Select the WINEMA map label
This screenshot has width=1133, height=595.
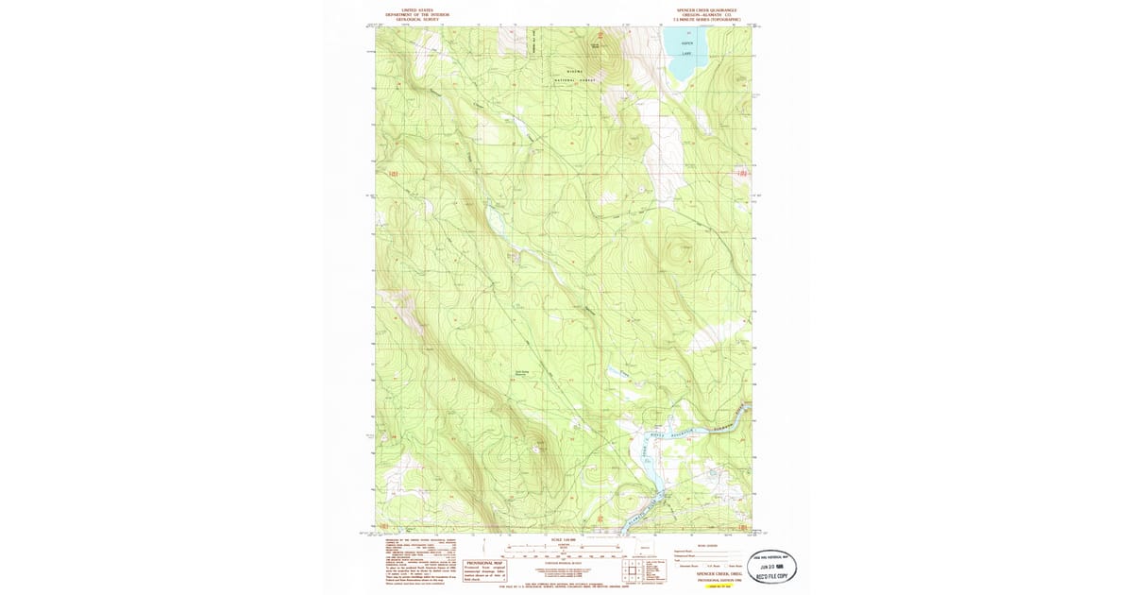(x=575, y=72)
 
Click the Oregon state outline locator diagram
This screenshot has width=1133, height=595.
(x=645, y=547)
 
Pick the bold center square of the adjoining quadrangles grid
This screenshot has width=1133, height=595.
(x=629, y=569)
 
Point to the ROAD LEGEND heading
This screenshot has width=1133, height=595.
(x=708, y=545)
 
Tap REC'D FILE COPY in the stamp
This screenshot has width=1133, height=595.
(x=771, y=575)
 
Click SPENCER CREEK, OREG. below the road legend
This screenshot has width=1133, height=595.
(x=718, y=573)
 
